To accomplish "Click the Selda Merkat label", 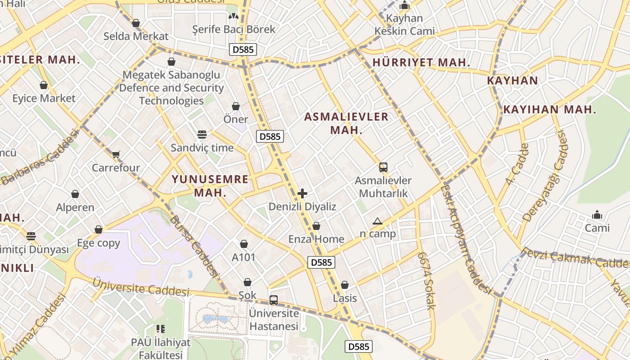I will tap(136, 36).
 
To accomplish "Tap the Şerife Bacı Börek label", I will tap(234, 29).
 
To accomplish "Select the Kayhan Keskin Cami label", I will tap(405, 25).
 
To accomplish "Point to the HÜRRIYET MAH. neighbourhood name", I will tap(421, 63).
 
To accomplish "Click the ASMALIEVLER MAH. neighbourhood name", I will tap(346, 123).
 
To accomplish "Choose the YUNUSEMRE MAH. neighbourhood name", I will tap(210, 186).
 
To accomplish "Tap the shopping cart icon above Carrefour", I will tap(116, 155).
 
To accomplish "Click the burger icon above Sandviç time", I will tap(202, 134).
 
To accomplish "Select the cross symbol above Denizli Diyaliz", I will tap(302, 193).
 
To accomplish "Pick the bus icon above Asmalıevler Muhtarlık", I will tap(383, 167).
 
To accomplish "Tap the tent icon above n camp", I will tap(377, 221).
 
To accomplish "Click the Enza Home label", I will tap(316, 239).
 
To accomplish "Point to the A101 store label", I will tap(243, 257).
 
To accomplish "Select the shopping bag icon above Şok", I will tap(247, 282).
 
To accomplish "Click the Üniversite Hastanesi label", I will tap(274, 319).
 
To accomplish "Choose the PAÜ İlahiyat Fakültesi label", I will tap(161, 348).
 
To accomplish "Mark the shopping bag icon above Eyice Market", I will tap(44, 85).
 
